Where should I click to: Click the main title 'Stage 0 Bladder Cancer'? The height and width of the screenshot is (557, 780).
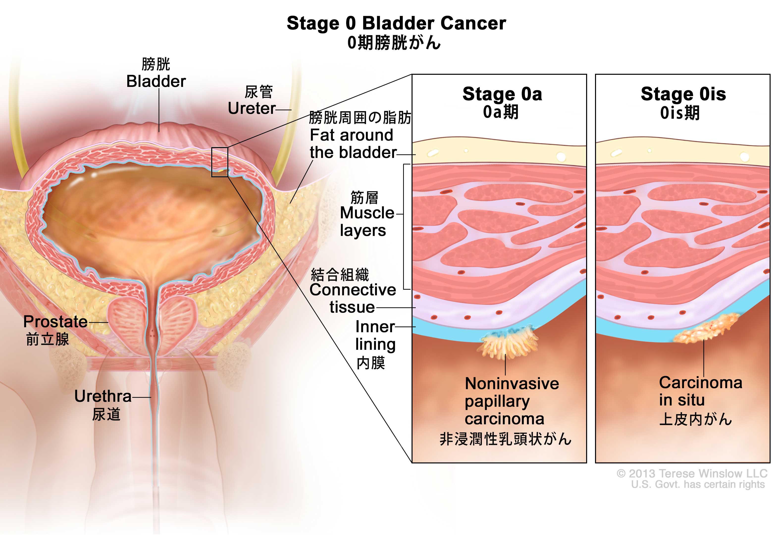(396, 23)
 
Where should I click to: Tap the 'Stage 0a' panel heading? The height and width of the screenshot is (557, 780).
(502, 94)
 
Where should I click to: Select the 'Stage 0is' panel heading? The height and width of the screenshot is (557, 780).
(683, 94)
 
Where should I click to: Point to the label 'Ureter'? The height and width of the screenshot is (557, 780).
(251, 108)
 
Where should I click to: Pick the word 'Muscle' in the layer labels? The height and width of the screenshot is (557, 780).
(367, 213)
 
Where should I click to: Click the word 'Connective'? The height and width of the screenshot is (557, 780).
(353, 290)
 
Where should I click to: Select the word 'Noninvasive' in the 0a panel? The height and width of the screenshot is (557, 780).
(511, 383)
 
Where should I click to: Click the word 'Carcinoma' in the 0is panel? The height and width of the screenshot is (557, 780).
(701, 382)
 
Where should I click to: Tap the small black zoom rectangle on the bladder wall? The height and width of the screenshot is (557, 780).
(220, 162)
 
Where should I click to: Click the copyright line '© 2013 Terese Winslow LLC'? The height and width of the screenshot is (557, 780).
(692, 474)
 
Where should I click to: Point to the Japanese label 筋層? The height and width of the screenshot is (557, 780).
(364, 198)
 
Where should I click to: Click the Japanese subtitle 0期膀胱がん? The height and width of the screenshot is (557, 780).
(393, 43)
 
